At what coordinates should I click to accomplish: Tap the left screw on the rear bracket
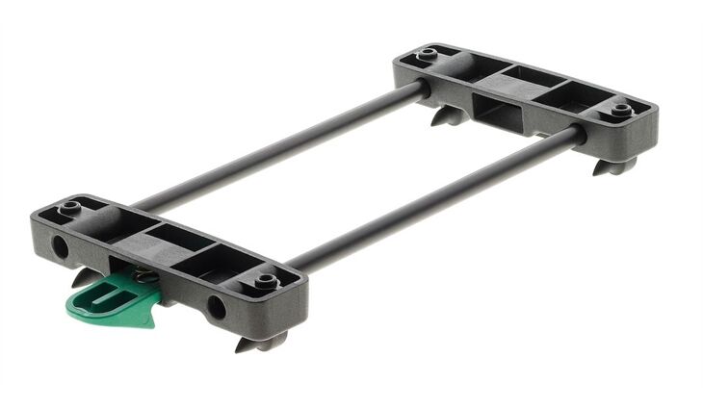tap(425, 54)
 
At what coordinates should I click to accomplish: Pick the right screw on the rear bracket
tap(621, 109)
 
